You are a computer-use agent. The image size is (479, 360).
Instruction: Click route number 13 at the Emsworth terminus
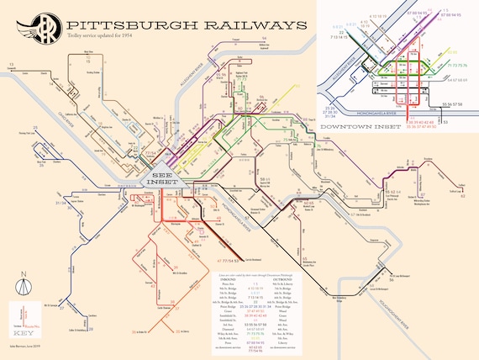tap(12, 64)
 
